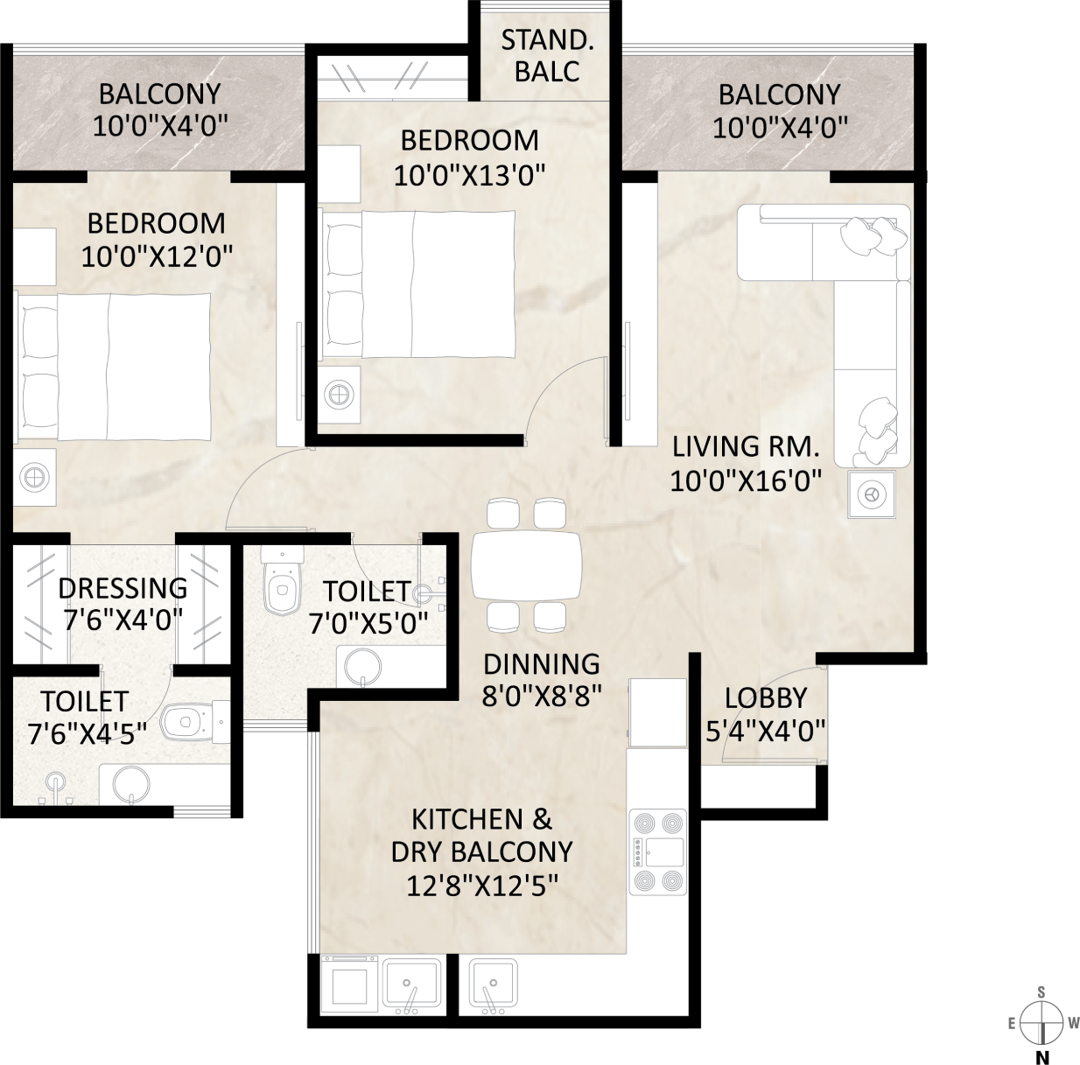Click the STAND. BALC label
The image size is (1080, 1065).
(x=547, y=56)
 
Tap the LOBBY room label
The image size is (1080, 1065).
(x=765, y=697)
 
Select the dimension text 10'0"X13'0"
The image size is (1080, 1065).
(x=470, y=176)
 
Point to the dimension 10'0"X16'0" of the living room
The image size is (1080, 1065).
(x=746, y=481)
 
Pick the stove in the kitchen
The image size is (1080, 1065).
(x=658, y=851)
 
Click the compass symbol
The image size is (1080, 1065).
(x=1041, y=1023)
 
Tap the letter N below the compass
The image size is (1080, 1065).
(x=1041, y=1056)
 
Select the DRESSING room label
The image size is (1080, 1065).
(x=123, y=589)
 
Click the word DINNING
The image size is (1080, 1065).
(x=542, y=664)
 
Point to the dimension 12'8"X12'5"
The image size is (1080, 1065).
(x=482, y=886)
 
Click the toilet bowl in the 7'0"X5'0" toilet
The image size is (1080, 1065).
(x=282, y=582)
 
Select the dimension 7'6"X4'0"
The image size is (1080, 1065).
(x=123, y=620)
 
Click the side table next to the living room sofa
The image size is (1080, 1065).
(x=871, y=494)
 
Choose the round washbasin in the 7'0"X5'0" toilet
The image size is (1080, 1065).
(x=363, y=667)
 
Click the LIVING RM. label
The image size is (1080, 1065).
(x=746, y=446)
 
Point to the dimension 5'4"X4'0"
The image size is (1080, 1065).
(x=765, y=731)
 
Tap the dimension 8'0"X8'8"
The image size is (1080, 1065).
(x=542, y=697)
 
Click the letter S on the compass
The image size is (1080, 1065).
(x=1041, y=993)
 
